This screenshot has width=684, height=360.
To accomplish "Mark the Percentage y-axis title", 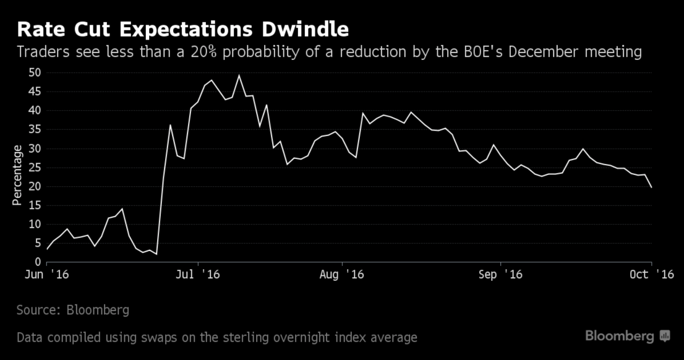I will (17, 175).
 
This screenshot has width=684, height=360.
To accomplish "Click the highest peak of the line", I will (239, 75).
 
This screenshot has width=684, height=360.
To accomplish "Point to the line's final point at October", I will (651, 187).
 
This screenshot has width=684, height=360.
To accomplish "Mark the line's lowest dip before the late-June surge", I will (156, 254).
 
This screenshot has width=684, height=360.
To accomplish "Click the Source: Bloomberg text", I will (73, 310).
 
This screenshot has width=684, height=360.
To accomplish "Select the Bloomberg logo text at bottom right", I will (620, 336).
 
